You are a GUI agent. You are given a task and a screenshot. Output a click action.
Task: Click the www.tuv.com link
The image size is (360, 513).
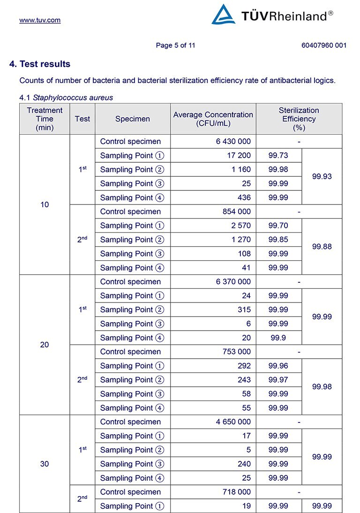click(x=40, y=20)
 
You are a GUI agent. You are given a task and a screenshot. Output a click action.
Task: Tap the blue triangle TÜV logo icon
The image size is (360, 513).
click(x=223, y=15)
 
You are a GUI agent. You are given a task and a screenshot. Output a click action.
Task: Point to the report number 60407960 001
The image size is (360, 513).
click(x=324, y=45)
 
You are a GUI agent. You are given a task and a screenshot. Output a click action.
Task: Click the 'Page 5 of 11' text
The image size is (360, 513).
click(x=175, y=45)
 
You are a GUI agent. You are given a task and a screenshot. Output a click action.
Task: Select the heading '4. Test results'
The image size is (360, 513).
click(x=40, y=64)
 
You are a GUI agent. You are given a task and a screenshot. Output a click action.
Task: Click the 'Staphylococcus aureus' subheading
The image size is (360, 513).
click(x=73, y=98)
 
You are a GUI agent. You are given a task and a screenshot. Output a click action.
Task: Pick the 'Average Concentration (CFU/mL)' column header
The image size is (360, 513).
click(x=213, y=119)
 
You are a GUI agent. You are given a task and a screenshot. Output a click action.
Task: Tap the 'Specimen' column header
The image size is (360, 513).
click(x=133, y=119)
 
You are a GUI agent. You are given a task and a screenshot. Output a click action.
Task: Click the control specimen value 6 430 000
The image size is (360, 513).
click(x=233, y=142)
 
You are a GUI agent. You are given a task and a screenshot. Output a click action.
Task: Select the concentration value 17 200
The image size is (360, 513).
click(x=239, y=155)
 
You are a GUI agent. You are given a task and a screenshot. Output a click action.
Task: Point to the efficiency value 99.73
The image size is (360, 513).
click(x=278, y=155)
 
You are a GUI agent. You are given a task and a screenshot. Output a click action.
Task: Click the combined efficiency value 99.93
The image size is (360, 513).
click(x=322, y=176)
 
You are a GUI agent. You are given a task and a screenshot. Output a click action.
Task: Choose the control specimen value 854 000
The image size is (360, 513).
click(x=236, y=211)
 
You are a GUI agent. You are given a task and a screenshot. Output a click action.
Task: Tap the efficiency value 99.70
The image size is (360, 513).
click(x=278, y=226)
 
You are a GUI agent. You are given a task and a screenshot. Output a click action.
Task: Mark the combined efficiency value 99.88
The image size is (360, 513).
click(x=322, y=247)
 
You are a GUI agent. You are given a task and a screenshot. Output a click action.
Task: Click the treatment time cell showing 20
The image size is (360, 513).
click(x=45, y=345)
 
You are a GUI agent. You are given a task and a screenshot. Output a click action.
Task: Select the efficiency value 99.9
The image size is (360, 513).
click(x=278, y=338)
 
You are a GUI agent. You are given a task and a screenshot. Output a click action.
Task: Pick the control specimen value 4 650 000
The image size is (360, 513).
click(x=233, y=422)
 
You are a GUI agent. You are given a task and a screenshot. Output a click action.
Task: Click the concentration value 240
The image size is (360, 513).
click(x=243, y=464)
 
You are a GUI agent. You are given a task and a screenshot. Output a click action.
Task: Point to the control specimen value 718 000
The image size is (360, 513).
click(x=236, y=492)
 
